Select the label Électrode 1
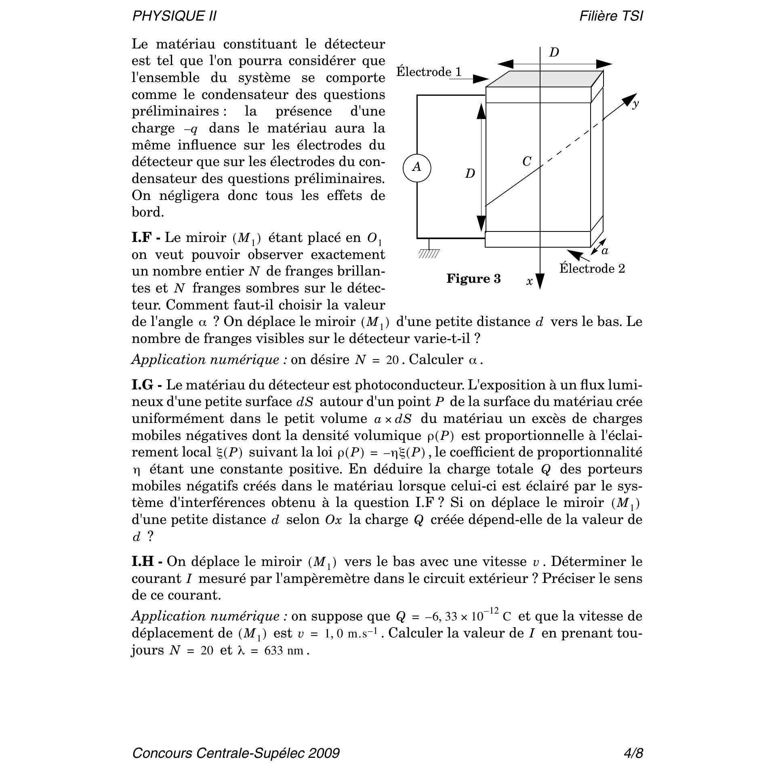click(429, 72)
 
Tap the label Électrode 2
click(592, 269)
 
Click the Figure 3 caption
click(473, 279)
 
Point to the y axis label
click(636, 104)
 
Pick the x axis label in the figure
click(530, 281)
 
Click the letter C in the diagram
click(527, 162)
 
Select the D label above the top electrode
click(554, 53)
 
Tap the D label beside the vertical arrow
click(470, 174)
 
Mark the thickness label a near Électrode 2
click(605, 251)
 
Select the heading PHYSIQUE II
click(175, 16)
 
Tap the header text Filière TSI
click(611, 16)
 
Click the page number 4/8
click(633, 753)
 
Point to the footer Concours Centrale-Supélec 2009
click(236, 753)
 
